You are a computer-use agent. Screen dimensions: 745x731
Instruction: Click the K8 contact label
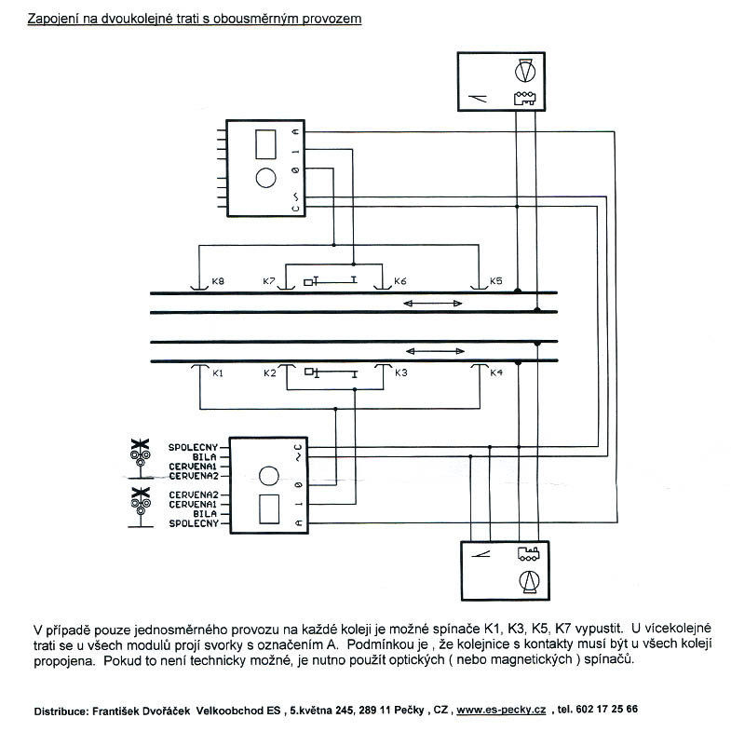(x=219, y=281)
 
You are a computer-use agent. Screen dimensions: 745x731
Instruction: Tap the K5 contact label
(x=495, y=281)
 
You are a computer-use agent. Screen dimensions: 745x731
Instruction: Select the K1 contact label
(x=219, y=373)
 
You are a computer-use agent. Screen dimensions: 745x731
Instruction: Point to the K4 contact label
(x=495, y=373)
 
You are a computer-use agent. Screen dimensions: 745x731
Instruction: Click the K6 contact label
(x=400, y=281)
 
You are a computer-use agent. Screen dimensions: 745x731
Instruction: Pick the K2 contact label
(x=269, y=373)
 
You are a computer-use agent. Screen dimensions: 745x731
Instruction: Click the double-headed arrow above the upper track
(x=433, y=304)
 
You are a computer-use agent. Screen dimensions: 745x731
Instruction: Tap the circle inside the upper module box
(x=265, y=178)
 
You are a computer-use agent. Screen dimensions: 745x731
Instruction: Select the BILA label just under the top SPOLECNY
(x=204, y=457)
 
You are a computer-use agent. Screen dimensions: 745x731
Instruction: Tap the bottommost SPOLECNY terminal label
(x=193, y=523)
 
